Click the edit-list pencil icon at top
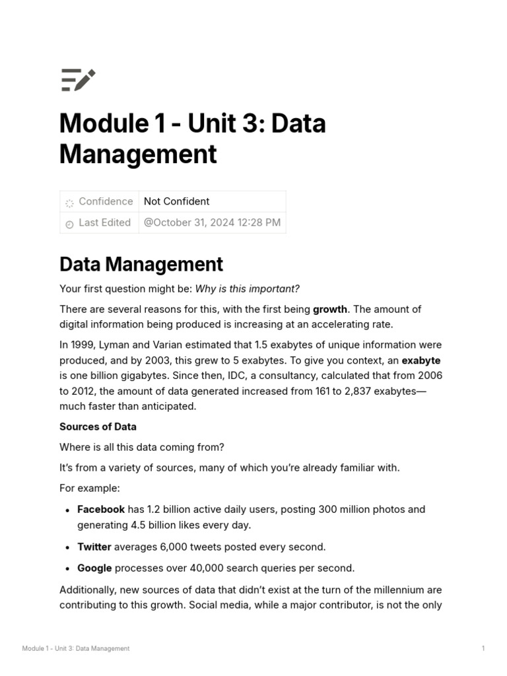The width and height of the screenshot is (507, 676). (x=78, y=80)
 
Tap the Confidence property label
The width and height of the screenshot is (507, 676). (x=106, y=201)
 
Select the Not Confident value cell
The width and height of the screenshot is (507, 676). (x=177, y=201)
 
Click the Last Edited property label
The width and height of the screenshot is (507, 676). (x=104, y=222)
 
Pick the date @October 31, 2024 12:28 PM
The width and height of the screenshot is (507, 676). (x=212, y=222)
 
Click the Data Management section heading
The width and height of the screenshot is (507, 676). (x=141, y=264)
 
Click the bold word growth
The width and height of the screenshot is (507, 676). (x=329, y=309)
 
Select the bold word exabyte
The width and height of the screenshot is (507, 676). (x=421, y=360)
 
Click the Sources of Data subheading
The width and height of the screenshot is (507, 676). (x=98, y=426)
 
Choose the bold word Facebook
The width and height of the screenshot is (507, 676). (x=101, y=509)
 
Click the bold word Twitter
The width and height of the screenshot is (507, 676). (x=94, y=547)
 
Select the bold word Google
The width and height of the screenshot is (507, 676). (x=94, y=568)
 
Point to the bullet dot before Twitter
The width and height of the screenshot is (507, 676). (x=68, y=547)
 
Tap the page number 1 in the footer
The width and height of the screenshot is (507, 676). (x=483, y=648)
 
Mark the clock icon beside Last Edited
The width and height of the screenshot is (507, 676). (x=69, y=224)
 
